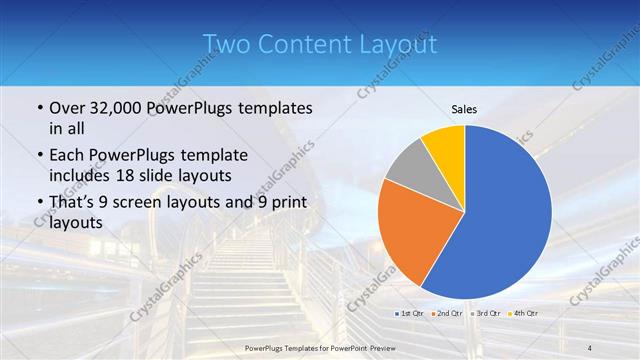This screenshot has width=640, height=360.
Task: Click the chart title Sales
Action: pyautogui.click(x=464, y=109)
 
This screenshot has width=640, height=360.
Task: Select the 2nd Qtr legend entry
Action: pyautogui.click(x=446, y=313)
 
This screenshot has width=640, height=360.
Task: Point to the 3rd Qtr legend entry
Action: pyautogui.click(x=484, y=313)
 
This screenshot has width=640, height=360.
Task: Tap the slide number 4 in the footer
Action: pyautogui.click(x=590, y=347)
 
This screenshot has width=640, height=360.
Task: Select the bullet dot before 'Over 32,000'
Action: pyautogui.click(x=38, y=108)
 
